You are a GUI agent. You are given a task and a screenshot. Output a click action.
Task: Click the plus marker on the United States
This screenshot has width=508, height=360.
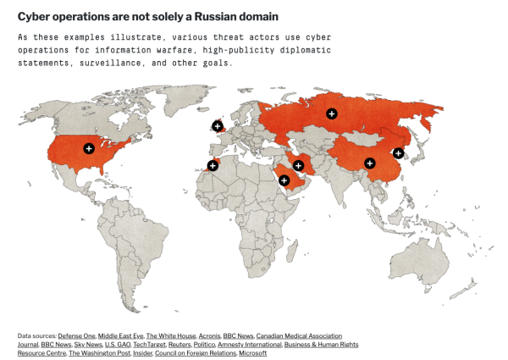(x=89, y=148)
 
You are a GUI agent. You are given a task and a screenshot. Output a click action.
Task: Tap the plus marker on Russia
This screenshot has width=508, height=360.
(x=331, y=114)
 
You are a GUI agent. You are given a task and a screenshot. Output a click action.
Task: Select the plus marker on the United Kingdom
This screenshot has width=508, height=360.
(x=218, y=126)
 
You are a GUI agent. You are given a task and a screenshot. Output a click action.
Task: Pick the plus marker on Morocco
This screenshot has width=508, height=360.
(x=213, y=165)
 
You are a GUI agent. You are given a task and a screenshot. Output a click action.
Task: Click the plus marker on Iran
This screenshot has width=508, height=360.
(x=298, y=165)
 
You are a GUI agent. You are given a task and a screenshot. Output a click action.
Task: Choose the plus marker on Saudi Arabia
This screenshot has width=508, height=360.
(x=284, y=180)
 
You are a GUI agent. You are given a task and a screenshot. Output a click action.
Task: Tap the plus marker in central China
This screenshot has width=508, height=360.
(x=369, y=163)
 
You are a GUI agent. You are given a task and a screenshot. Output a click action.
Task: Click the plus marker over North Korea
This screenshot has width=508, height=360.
(x=399, y=152)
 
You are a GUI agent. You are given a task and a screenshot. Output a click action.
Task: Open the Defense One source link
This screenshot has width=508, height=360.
(x=77, y=336)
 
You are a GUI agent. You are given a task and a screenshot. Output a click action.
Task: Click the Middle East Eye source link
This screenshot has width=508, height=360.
(x=120, y=336)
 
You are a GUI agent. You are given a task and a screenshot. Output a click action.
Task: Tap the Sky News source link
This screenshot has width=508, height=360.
(x=87, y=345)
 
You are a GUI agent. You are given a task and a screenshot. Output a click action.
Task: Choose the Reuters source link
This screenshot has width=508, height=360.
(x=179, y=345)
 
